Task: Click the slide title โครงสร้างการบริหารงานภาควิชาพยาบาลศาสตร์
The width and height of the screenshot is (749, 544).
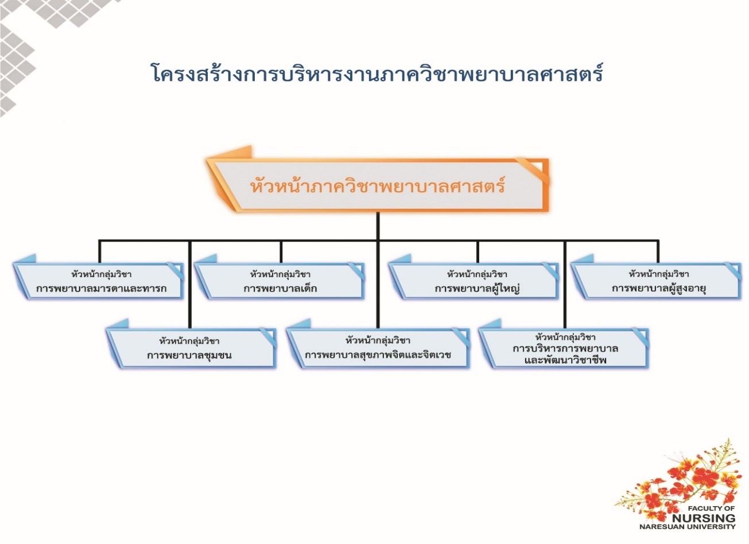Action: click(377, 73)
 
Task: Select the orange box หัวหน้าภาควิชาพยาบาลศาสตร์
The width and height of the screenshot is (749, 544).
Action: click(378, 185)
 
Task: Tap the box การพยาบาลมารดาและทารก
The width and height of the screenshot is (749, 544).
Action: click(99, 280)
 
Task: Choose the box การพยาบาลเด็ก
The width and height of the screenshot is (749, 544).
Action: click(280, 280)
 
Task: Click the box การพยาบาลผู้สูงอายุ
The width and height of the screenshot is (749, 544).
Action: click(657, 280)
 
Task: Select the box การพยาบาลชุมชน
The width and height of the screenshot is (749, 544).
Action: click(191, 347)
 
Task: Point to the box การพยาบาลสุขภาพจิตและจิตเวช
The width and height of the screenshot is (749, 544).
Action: click(378, 347)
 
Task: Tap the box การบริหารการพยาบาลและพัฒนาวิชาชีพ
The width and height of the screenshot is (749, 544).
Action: click(564, 347)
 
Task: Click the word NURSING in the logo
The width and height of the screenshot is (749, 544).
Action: click(704, 519)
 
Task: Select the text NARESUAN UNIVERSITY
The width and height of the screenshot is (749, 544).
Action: click(688, 527)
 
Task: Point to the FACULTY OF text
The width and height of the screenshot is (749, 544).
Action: click(712, 508)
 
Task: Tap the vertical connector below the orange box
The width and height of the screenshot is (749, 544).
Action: click(378, 226)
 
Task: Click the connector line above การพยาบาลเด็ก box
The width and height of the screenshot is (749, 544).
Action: click(281, 252)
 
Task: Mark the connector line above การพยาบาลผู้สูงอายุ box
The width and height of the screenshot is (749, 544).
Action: click(658, 252)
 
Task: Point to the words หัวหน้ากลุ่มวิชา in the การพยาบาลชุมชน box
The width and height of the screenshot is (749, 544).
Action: click(189, 340)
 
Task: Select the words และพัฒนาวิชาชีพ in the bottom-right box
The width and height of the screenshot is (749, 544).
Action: click(565, 360)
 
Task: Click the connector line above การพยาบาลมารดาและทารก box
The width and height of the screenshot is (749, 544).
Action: click(99, 252)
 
